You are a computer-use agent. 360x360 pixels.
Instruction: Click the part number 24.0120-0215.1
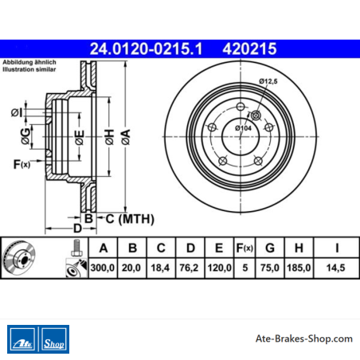[146, 49]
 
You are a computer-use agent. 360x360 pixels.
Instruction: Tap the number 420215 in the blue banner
[249, 49]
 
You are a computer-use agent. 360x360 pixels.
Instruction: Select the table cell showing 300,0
[103, 268]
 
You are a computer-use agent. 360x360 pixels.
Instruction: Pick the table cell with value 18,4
[160, 268]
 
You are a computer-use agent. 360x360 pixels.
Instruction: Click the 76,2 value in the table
[189, 268]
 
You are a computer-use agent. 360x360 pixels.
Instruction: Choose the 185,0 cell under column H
[299, 268]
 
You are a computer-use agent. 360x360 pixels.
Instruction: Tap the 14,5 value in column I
[335, 268]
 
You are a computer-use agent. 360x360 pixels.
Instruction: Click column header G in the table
[270, 248]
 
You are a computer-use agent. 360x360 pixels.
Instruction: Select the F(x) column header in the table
[245, 248]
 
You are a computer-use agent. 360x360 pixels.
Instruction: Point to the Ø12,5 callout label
[268, 81]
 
